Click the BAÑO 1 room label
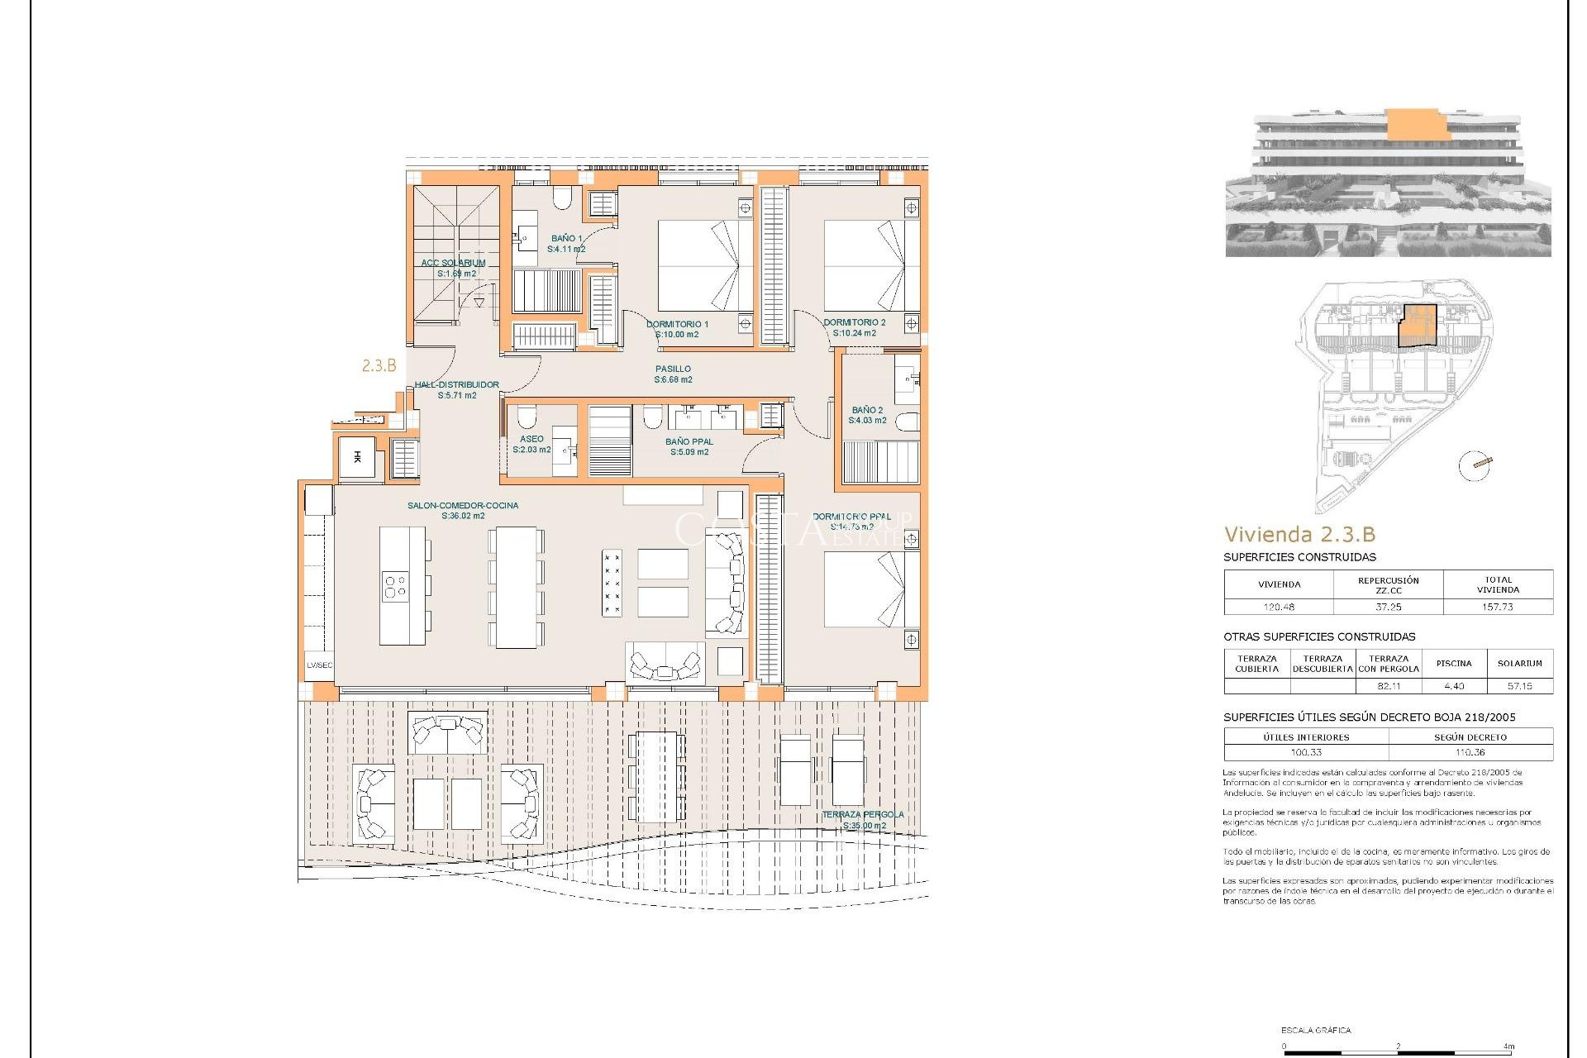point(566,238)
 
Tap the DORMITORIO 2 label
point(854,323)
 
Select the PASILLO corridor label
point(673,369)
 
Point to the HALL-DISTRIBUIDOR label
point(456,385)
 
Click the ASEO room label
point(531,440)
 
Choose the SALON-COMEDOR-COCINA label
point(462,506)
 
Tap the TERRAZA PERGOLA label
point(863,815)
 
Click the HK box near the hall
point(357,457)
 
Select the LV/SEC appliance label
point(319,665)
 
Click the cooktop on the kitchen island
point(395,587)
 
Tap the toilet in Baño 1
point(562,197)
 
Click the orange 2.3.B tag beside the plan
point(379,365)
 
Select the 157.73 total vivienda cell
point(1497,607)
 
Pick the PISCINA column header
point(1453,663)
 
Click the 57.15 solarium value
point(1519,686)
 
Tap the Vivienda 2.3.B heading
point(1299,534)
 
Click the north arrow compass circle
point(1474,465)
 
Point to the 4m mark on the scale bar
point(1509,1046)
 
